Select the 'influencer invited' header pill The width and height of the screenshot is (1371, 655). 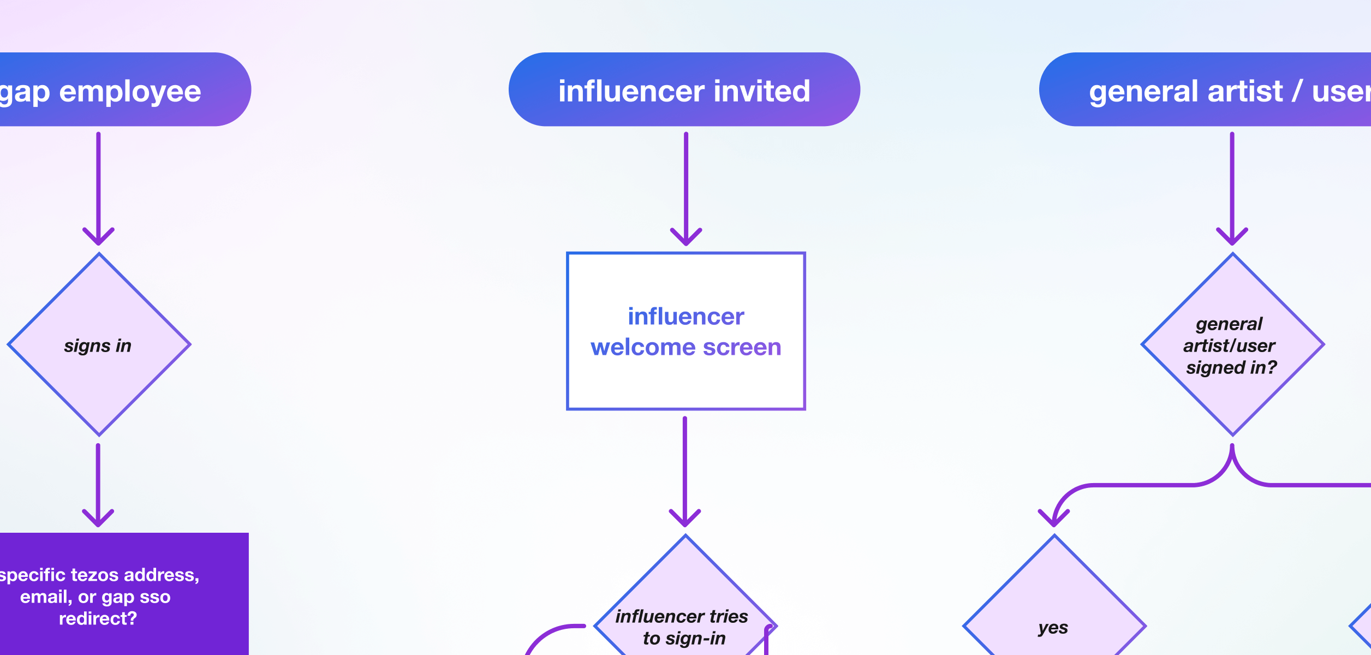pos(684,90)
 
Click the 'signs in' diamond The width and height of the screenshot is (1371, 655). pos(99,345)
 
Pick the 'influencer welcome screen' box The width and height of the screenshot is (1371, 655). pos(685,331)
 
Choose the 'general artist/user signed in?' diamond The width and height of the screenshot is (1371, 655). pos(1232,345)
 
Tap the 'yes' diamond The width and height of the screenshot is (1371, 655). pos(1054,617)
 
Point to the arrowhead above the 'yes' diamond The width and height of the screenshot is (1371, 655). pos(1054,516)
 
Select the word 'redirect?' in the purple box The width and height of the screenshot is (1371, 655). pos(98,618)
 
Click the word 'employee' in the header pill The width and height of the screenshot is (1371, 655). pos(130,91)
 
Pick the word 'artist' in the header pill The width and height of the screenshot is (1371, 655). pos(1245,91)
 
